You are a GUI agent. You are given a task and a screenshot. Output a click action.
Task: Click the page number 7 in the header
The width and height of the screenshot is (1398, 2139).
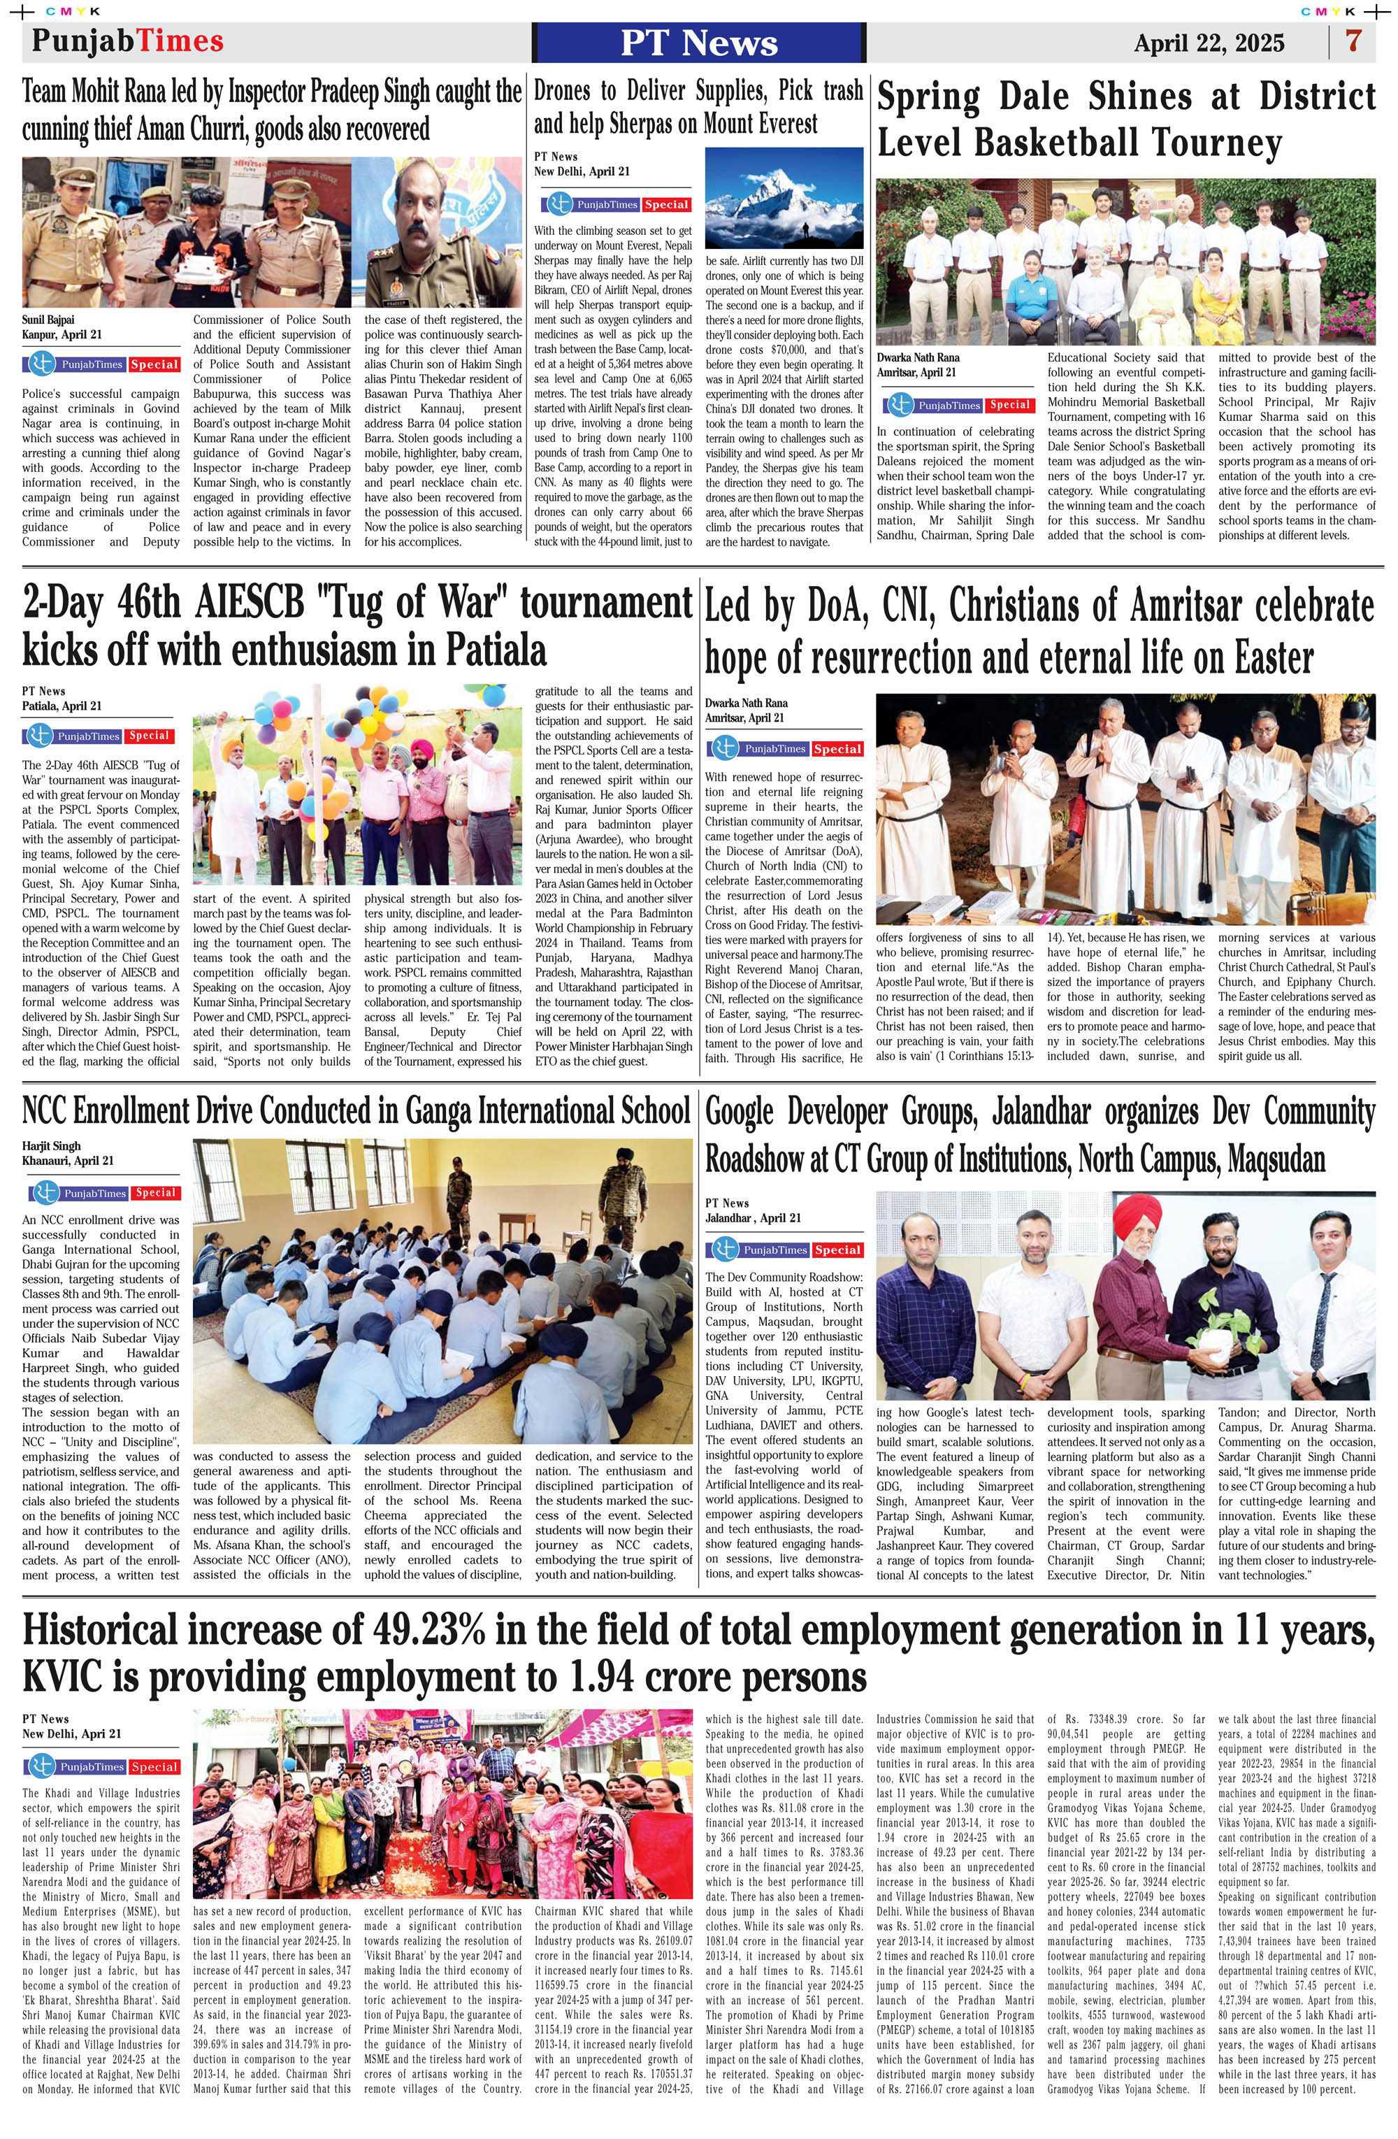[x=1353, y=41]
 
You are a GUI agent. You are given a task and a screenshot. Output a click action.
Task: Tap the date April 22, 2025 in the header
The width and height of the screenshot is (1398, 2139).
[x=1209, y=43]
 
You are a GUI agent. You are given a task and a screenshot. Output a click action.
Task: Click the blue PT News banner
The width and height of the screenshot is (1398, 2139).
[x=699, y=42]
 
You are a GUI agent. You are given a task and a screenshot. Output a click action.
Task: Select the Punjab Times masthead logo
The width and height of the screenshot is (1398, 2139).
[x=127, y=41]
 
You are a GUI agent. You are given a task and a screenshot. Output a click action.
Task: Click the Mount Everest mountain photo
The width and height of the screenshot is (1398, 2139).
[x=784, y=198]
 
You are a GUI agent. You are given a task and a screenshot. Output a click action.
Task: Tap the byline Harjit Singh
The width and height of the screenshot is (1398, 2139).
[x=51, y=1146]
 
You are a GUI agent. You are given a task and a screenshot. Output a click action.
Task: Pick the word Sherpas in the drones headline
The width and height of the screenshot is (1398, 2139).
[x=648, y=123]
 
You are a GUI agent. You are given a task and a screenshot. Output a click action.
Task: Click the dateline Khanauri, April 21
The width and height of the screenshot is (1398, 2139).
[x=69, y=1160]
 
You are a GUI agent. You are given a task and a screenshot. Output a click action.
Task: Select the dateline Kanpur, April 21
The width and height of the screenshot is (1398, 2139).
[x=62, y=334]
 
